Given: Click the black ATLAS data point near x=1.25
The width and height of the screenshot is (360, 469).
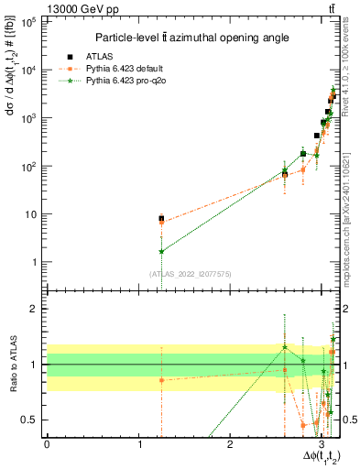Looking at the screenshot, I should coord(161,219).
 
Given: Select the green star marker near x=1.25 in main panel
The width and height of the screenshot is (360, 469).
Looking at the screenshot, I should coord(161,251).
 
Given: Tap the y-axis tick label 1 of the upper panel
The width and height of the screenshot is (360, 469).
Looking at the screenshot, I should coord(33,263).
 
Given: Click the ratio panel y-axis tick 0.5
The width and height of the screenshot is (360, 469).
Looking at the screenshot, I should coord(29,420).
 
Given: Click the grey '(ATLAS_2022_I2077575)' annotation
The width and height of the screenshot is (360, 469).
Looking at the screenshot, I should coord(191,274).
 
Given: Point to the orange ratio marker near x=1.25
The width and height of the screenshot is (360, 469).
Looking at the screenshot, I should coord(161,380).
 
